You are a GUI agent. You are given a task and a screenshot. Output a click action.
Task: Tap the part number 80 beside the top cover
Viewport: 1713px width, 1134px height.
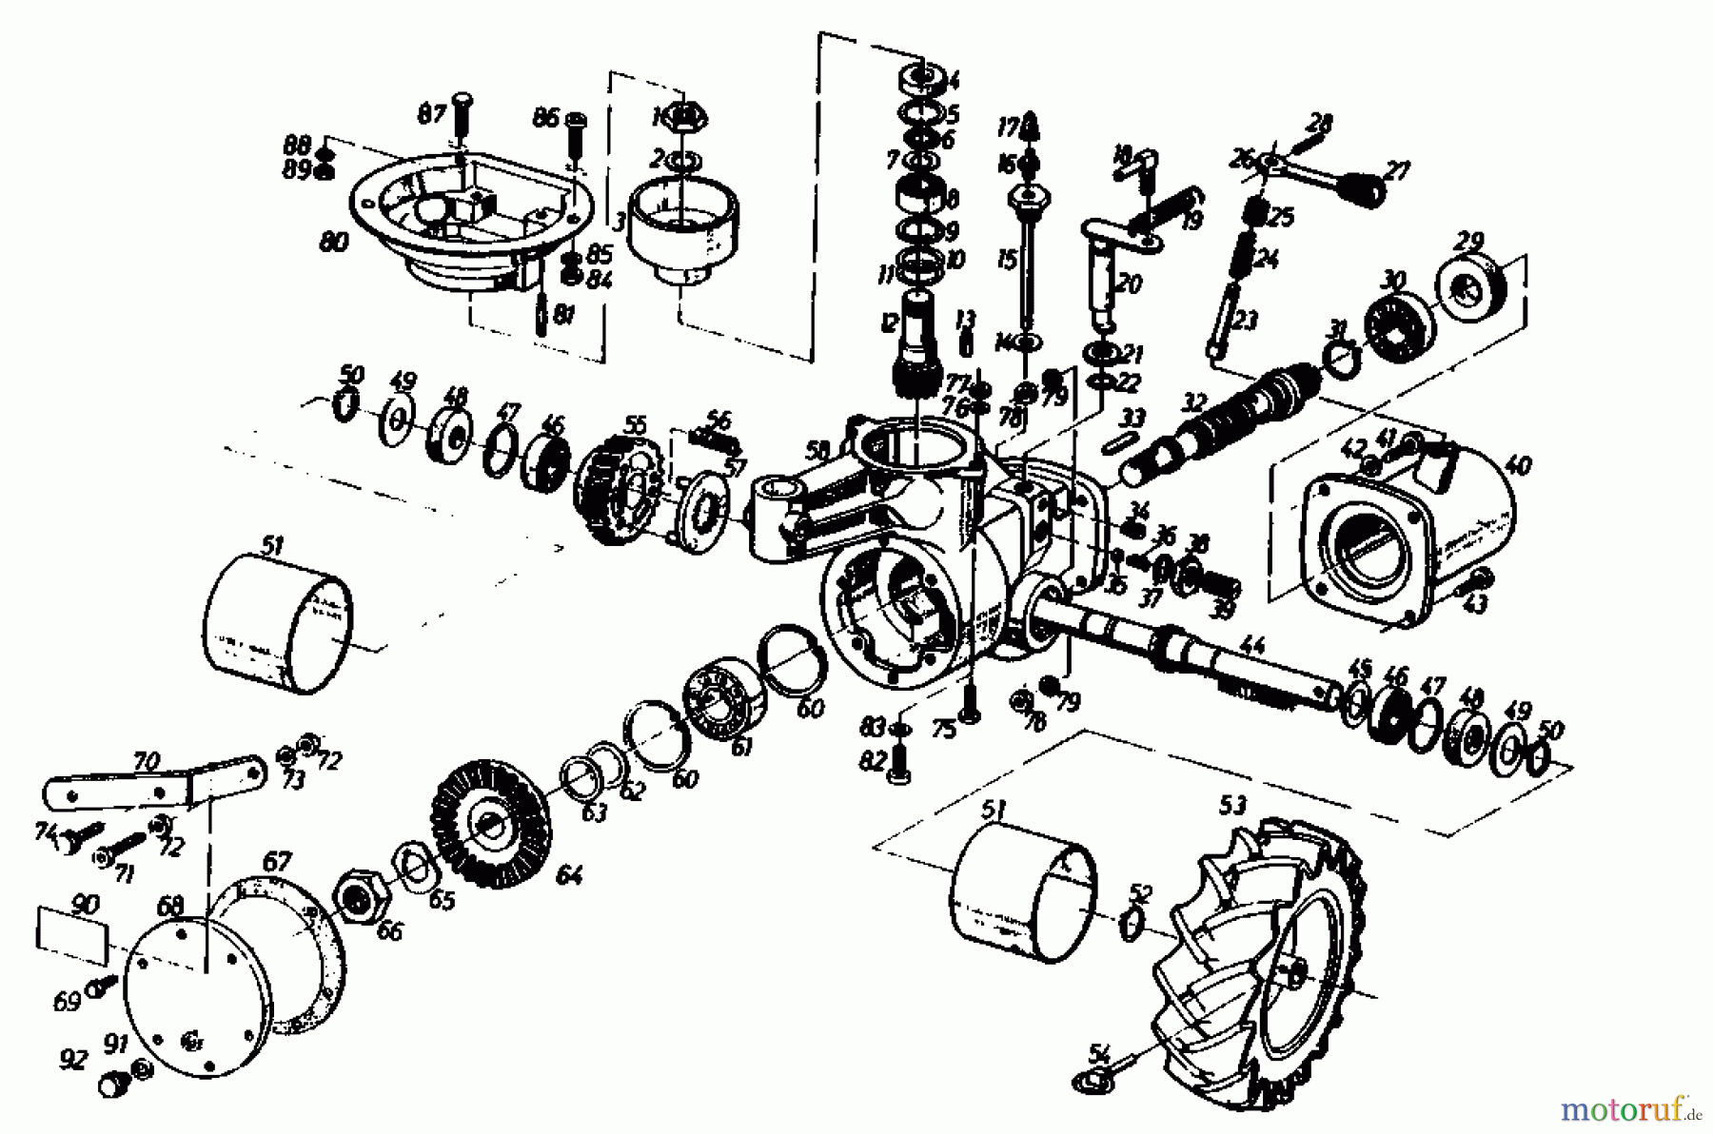[x=334, y=242]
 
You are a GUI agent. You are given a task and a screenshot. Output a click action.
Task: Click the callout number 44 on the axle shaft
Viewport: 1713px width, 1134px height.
[x=1255, y=647]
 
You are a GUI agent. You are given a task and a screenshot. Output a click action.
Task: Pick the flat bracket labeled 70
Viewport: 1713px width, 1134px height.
[x=152, y=782]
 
